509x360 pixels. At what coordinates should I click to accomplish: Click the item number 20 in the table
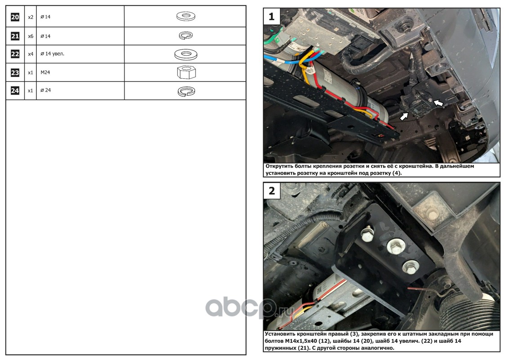pyautogui.click(x=15, y=17)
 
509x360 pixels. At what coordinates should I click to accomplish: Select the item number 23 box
pyautogui.click(x=15, y=72)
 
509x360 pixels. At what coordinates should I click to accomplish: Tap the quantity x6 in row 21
pyautogui.click(x=31, y=36)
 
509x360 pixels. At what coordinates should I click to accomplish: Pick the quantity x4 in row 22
pyautogui.click(x=31, y=54)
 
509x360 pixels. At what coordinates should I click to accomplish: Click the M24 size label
pyautogui.click(x=45, y=72)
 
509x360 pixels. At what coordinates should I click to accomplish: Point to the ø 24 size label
pyautogui.click(x=45, y=90)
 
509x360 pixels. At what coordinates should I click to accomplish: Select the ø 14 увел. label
pyautogui.click(x=52, y=54)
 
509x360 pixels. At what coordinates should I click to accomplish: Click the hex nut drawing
pyautogui.click(x=186, y=72)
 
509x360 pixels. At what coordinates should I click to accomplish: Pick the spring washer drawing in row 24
pyautogui.click(x=186, y=91)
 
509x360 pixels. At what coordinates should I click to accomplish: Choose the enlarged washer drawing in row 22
pyautogui.click(x=186, y=54)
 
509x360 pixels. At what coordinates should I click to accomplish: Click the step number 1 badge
pyautogui.click(x=272, y=16)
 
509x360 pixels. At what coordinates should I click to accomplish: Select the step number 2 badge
pyautogui.click(x=272, y=190)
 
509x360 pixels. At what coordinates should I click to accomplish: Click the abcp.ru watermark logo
pyautogui.click(x=250, y=307)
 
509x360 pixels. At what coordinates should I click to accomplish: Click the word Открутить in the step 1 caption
pyautogui.click(x=279, y=166)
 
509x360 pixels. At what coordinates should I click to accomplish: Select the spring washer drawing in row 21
pyautogui.click(x=186, y=36)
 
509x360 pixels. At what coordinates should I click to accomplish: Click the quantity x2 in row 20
pyautogui.click(x=31, y=17)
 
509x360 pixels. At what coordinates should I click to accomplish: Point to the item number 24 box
pyautogui.click(x=15, y=90)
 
